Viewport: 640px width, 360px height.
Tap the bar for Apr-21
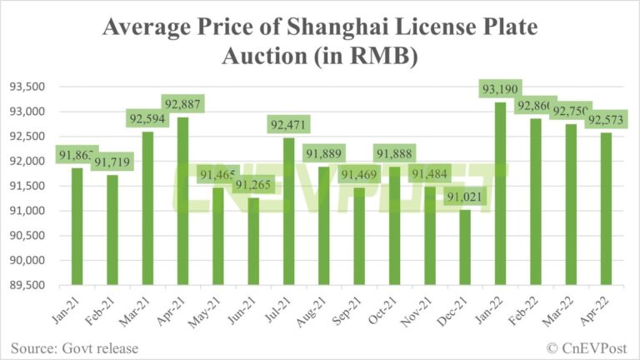182,201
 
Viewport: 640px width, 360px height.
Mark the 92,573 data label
605,120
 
